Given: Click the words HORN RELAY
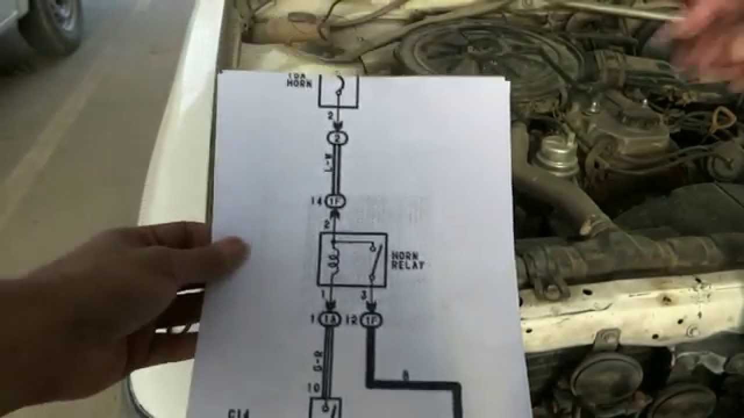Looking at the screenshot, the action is tap(407, 260).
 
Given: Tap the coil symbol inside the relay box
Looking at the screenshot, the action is tap(334, 258).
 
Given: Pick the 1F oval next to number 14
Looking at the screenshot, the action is tap(337, 202).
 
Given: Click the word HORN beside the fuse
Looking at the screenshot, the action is tap(299, 84).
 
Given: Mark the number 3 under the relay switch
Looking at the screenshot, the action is tap(363, 296).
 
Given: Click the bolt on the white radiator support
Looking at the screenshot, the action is tap(692, 331).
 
